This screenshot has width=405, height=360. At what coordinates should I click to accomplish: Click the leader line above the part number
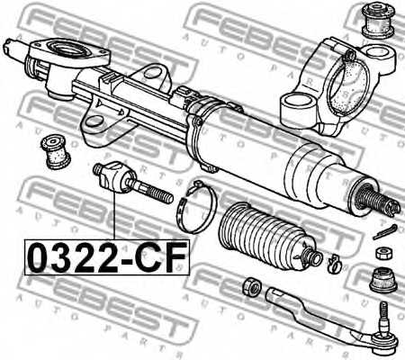tap(112, 216)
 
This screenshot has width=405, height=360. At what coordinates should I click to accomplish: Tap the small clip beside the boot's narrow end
tap(332, 263)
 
